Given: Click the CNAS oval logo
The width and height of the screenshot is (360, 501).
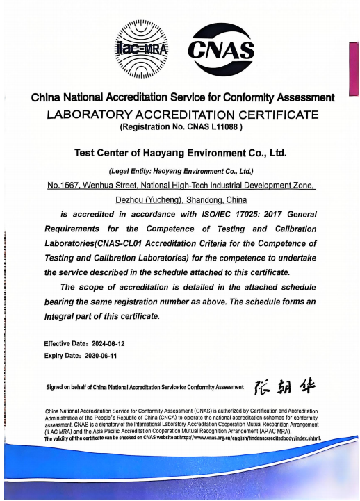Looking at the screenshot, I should pos(221,49).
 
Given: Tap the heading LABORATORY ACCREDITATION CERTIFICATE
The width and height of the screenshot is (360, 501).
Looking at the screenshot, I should pos(182,114).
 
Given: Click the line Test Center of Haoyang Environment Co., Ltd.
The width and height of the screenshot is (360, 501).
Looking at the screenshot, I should pos(180,152).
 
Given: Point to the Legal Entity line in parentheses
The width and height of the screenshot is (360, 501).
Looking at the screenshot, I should pos(181,171).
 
